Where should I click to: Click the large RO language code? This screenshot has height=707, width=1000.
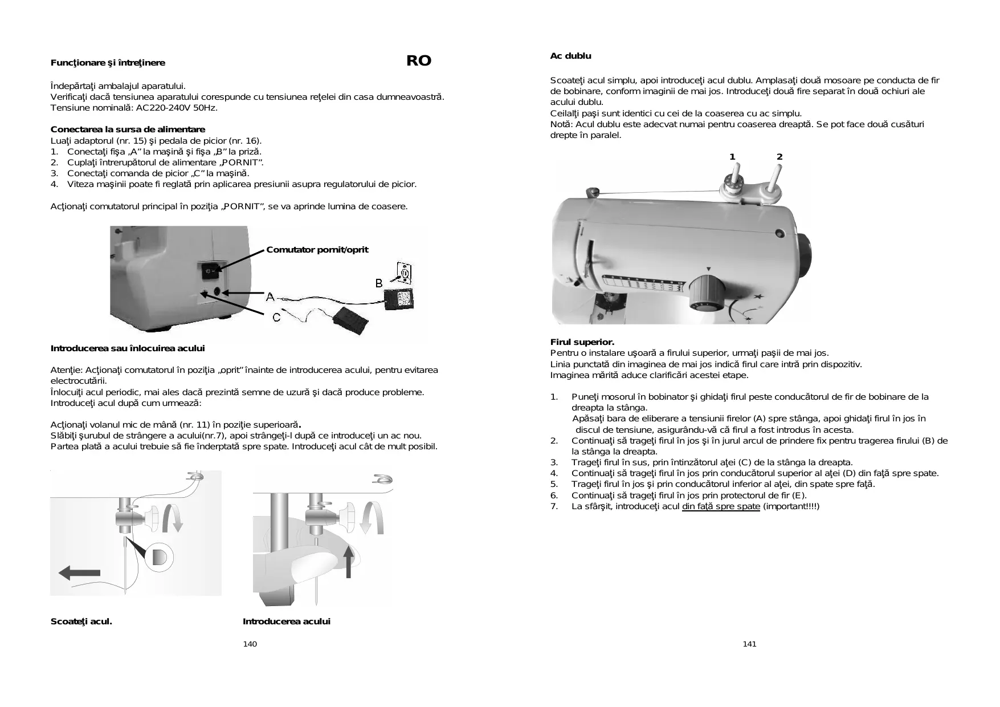point(419,61)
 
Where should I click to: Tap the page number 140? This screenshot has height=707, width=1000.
point(250,644)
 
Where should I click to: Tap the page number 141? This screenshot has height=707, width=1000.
point(749,644)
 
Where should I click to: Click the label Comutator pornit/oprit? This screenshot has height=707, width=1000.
point(317,250)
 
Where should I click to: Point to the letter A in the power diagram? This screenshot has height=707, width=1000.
point(271,297)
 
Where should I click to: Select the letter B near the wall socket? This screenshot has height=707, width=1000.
point(379,283)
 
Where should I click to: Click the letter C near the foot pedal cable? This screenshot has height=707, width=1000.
point(276,317)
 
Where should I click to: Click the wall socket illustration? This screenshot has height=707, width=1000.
point(403,274)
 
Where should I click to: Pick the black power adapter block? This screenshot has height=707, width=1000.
point(399,299)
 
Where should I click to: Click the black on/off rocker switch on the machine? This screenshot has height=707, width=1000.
point(211,272)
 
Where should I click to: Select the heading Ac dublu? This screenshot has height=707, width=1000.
point(570,56)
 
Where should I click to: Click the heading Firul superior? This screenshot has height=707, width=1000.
point(582,342)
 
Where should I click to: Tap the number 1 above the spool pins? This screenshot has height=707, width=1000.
point(733,157)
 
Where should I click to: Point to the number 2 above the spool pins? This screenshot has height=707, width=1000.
point(779,157)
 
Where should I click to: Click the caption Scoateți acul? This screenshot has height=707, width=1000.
point(81,621)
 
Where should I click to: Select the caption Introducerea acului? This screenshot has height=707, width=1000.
point(286,621)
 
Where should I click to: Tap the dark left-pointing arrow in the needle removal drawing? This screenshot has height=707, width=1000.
point(80,572)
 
